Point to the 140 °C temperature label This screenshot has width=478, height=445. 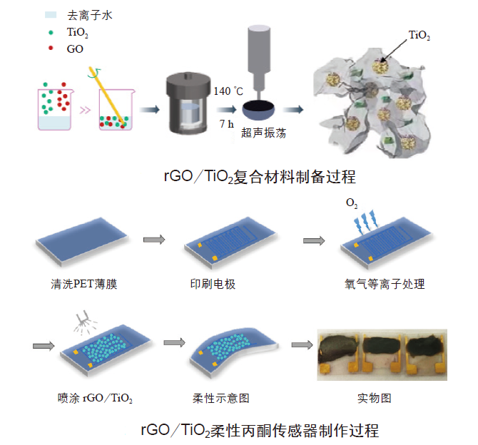[x=229, y=91]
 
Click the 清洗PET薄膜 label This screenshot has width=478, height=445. [x=78, y=285]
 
